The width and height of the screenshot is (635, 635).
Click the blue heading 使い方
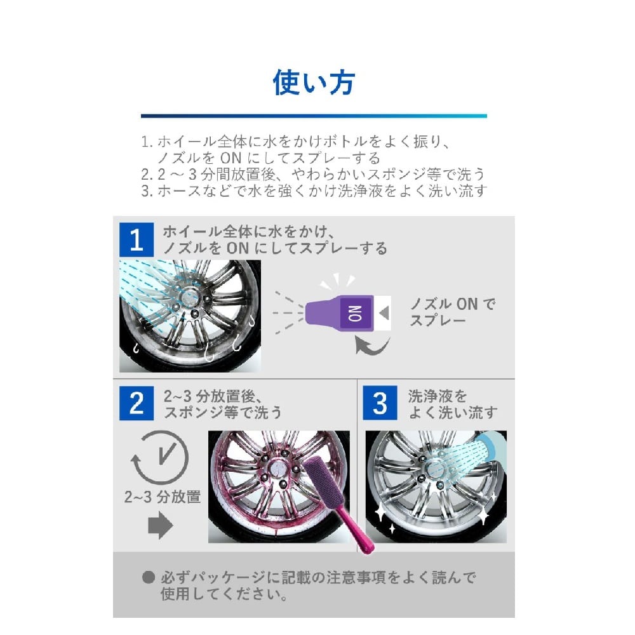314,83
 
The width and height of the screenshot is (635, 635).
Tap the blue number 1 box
137,239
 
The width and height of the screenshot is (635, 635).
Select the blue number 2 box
137,403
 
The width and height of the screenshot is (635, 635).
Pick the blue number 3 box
380,403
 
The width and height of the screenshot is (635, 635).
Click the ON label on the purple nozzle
356,313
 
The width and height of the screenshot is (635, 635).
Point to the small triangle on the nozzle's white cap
384,313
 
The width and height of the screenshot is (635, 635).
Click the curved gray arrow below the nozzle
371,345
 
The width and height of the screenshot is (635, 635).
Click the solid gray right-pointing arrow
161,525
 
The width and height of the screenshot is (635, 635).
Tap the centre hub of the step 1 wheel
189,297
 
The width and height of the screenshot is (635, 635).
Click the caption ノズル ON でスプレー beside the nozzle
452,312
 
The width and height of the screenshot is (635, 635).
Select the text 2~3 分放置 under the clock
163,497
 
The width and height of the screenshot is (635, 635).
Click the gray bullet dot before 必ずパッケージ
149,577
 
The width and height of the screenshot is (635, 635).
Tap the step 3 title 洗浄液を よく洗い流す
453,404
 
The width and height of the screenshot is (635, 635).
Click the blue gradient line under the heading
314,116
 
